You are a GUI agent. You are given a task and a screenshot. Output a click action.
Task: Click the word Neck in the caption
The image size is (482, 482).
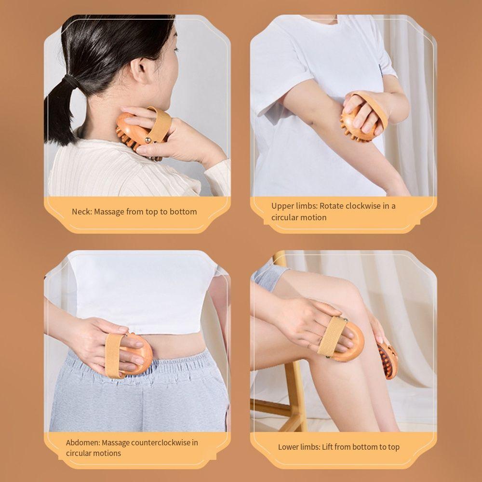pos(81,212)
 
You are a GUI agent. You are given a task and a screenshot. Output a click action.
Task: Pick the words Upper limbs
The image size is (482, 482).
pos(294,206)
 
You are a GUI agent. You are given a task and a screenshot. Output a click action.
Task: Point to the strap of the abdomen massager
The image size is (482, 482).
pos(114,355)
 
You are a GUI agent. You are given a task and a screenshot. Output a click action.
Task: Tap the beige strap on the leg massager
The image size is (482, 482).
pos(331,336)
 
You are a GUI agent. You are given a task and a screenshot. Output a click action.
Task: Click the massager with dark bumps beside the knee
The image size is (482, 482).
pos(388,361)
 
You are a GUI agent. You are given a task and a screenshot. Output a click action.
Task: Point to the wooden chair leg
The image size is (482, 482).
pos(295,395)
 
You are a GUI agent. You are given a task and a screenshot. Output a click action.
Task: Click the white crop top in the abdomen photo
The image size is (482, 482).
pos(145,289)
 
